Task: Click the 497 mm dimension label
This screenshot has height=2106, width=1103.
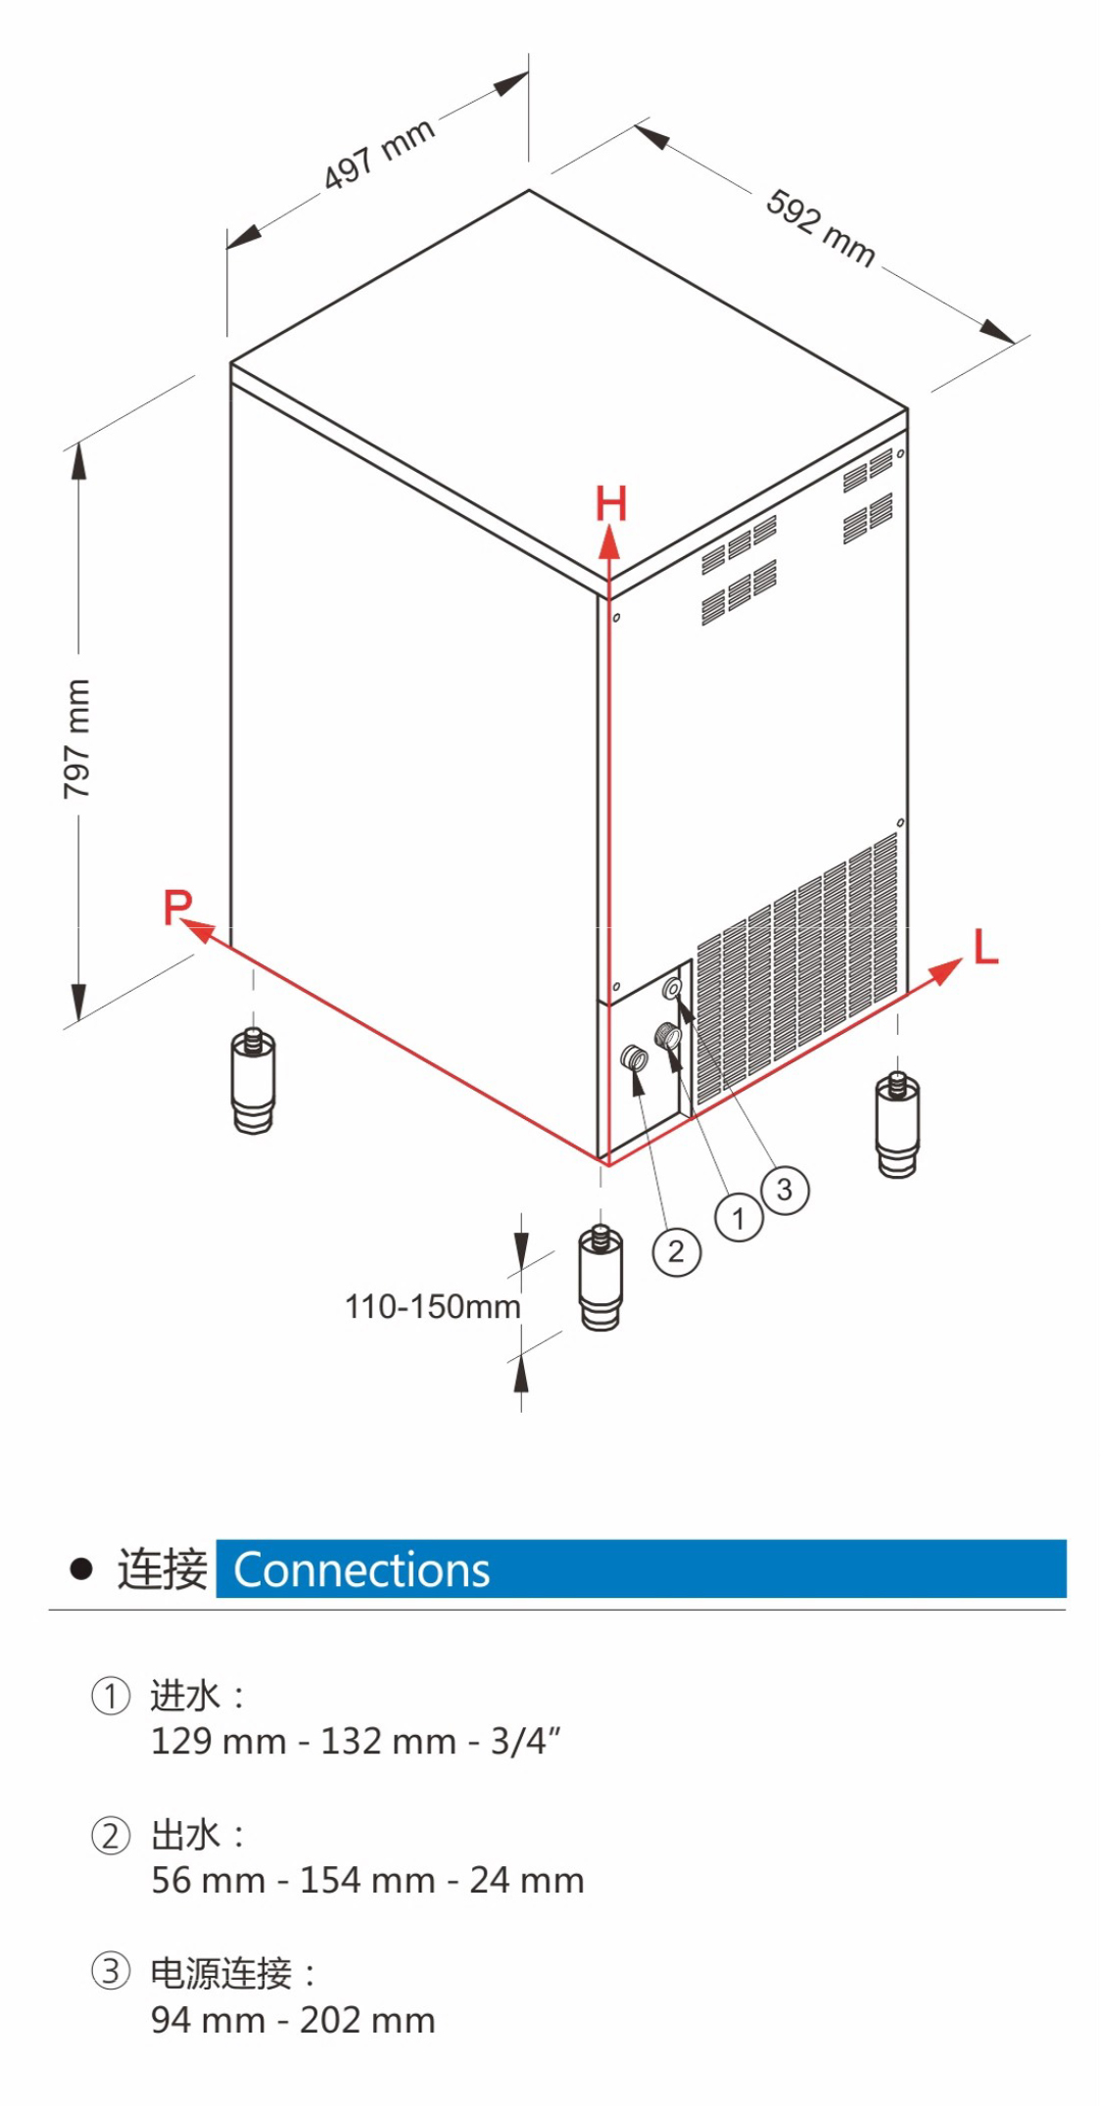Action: pos(379,154)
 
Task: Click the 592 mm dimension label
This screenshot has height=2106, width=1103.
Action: pos(820,227)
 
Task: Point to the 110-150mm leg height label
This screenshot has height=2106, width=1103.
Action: pos(432,1306)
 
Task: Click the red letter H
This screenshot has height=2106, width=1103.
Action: pos(611,503)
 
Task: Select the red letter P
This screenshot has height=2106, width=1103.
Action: pos(177,907)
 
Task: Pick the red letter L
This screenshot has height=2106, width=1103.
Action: pos(985,948)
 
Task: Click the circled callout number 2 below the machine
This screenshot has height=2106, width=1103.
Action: pos(676,1251)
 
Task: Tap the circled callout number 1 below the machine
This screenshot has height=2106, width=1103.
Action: pos(739,1218)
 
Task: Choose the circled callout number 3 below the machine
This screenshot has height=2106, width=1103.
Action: pos(785,1190)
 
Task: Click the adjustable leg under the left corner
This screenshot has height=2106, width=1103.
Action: pos(254,1081)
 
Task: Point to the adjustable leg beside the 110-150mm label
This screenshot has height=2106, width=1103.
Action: pos(600,1278)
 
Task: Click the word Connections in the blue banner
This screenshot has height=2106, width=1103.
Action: pos(361,1570)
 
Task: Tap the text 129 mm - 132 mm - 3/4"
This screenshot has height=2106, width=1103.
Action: pos(356,1741)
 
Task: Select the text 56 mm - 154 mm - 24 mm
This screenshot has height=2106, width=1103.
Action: pos(367,1880)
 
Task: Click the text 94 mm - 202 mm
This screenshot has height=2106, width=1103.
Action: pos(293,2020)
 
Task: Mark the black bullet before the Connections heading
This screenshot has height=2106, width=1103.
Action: pos(81,1569)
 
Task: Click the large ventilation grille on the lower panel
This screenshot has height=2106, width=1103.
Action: pos(795,967)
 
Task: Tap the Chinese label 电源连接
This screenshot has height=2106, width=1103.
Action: pos(220,1973)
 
